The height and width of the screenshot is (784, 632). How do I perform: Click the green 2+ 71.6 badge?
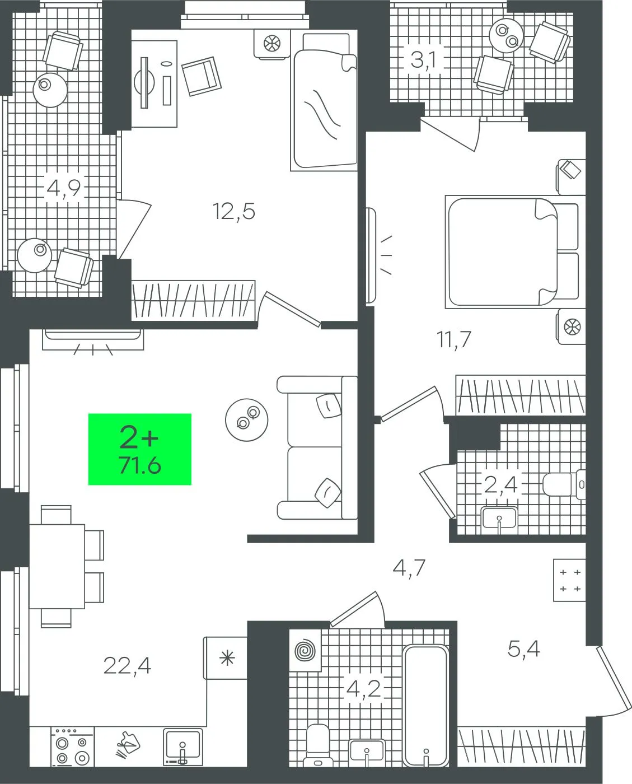click(x=140, y=449)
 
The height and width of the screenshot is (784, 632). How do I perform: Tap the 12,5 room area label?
click(x=234, y=211)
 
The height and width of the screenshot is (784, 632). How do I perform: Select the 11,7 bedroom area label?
click(x=454, y=339)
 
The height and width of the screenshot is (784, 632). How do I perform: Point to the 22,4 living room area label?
click(x=127, y=666)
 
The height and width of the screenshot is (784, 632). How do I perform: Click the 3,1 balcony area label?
click(x=423, y=60)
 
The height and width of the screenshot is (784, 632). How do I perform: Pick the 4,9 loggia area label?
click(x=64, y=188)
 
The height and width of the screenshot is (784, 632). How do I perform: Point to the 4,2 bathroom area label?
click(x=363, y=689)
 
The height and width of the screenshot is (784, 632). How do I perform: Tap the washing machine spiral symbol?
click(x=305, y=650)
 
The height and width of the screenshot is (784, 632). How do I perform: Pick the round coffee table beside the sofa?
click(x=247, y=419)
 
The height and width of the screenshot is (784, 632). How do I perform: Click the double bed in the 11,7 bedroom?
click(x=512, y=252)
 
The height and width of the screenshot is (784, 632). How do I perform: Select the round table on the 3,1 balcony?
click(x=507, y=36)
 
